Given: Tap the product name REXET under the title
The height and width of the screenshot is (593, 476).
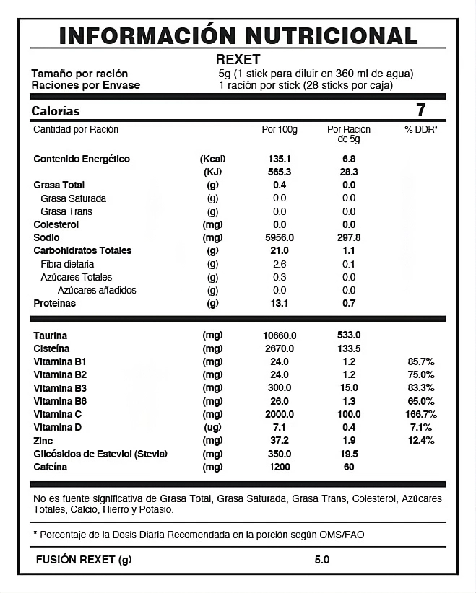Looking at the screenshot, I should pyautogui.click(x=238, y=60).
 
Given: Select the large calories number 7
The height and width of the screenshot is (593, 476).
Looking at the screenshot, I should pyautogui.click(x=420, y=110).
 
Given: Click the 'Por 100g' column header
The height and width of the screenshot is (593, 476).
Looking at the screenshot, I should pyautogui.click(x=280, y=130).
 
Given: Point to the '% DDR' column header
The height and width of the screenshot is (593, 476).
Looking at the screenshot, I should pyautogui.click(x=420, y=130).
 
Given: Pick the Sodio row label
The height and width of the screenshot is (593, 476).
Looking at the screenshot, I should pyautogui.click(x=47, y=237).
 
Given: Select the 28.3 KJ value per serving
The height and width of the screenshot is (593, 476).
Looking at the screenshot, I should pyautogui.click(x=349, y=172).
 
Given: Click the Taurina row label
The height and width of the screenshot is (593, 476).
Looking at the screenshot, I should pyautogui.click(x=51, y=335).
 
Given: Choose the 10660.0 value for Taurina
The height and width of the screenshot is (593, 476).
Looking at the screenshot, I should pyautogui.click(x=280, y=335).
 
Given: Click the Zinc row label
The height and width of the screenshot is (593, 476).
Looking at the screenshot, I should pyautogui.click(x=44, y=440).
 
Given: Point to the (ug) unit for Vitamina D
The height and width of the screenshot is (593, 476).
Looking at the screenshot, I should pyautogui.click(x=212, y=427).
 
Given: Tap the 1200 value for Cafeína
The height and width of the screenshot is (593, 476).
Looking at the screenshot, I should pyautogui.click(x=280, y=467).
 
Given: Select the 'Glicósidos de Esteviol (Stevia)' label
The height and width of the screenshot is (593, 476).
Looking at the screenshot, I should pyautogui.click(x=100, y=454).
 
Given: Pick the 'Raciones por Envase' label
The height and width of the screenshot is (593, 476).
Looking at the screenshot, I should pyautogui.click(x=85, y=85).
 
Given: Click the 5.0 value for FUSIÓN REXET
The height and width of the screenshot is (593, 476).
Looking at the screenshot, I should pyautogui.click(x=322, y=559).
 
